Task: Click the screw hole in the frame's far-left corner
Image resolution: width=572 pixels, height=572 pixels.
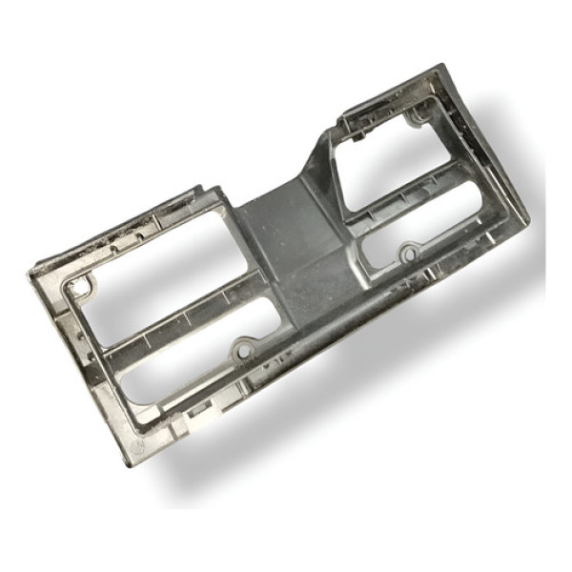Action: [x=83, y=284]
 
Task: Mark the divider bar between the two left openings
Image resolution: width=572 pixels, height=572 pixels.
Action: [x=181, y=319]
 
